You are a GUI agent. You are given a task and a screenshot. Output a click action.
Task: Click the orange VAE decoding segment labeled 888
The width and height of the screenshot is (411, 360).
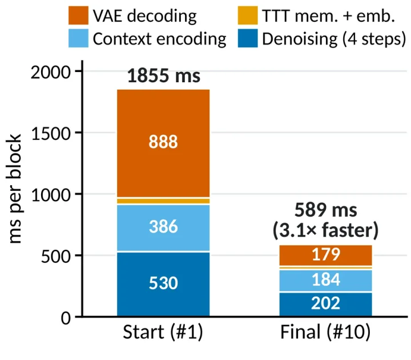pos(163,143)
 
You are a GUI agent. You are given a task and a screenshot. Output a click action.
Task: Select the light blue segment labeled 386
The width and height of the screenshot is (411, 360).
pos(163,228)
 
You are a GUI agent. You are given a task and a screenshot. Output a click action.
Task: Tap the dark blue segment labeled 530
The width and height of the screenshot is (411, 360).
pos(163,284)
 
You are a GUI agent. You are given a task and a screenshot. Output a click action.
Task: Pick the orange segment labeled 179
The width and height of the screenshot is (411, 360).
pos(325,255)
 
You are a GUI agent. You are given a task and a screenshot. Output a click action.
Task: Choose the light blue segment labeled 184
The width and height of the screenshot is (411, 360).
pos(325,281)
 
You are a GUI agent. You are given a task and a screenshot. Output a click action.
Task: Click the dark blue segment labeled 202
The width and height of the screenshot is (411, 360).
pos(325,305)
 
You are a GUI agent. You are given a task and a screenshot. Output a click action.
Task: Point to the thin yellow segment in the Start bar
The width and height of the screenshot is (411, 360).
pos(163,201)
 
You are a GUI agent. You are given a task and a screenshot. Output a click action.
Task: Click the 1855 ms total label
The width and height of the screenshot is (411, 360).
pos(164,75)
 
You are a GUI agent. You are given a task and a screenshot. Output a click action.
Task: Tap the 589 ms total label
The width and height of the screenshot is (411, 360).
pos(325,210)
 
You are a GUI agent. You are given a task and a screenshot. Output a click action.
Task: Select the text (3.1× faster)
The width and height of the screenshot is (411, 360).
pos(325,230)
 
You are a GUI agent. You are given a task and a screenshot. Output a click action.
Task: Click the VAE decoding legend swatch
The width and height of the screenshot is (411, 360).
pos(78,15)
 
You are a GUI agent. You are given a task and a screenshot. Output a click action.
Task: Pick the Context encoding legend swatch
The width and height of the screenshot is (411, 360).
pos(78,38)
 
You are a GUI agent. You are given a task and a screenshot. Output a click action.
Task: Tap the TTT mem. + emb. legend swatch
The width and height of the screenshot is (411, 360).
pos(248,15)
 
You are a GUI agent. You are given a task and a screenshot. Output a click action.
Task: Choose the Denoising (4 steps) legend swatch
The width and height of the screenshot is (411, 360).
pos(248,38)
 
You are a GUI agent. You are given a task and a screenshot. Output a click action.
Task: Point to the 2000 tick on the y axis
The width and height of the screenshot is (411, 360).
pos(79,71)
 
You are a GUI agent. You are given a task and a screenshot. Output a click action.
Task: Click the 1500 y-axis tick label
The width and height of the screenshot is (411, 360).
pos(51,134)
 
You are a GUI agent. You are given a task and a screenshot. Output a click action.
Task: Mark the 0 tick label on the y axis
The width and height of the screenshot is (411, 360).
pos(66,318)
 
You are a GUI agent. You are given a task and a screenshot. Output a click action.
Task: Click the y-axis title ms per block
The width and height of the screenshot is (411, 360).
pos(14,189)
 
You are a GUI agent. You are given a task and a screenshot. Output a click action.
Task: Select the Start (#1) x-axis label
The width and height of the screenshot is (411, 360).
pos(163,332)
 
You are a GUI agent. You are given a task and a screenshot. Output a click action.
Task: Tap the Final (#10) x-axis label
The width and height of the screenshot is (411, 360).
pos(325,332)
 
